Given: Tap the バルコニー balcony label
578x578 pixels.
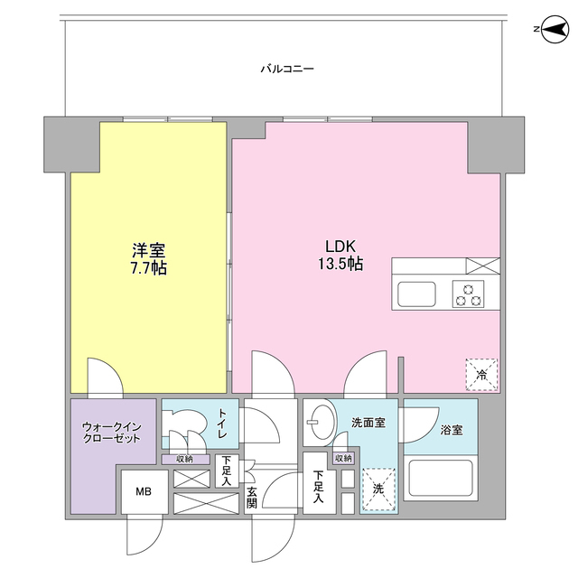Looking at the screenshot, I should pyautogui.click(x=286, y=68).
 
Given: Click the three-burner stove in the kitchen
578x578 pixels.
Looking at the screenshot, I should pyautogui.click(x=470, y=294).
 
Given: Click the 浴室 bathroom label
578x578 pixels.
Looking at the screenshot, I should pyautogui.click(x=451, y=430).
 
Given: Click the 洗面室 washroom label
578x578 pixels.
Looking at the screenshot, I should pyautogui.click(x=368, y=422).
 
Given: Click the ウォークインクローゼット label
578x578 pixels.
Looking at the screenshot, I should pyautogui.click(x=111, y=432).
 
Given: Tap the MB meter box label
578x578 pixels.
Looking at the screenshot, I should pyautogui.click(x=144, y=492).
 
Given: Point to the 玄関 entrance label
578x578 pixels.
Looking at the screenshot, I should pyautogui.click(x=252, y=497).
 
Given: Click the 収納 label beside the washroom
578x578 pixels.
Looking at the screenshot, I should pyautogui.click(x=343, y=458).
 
